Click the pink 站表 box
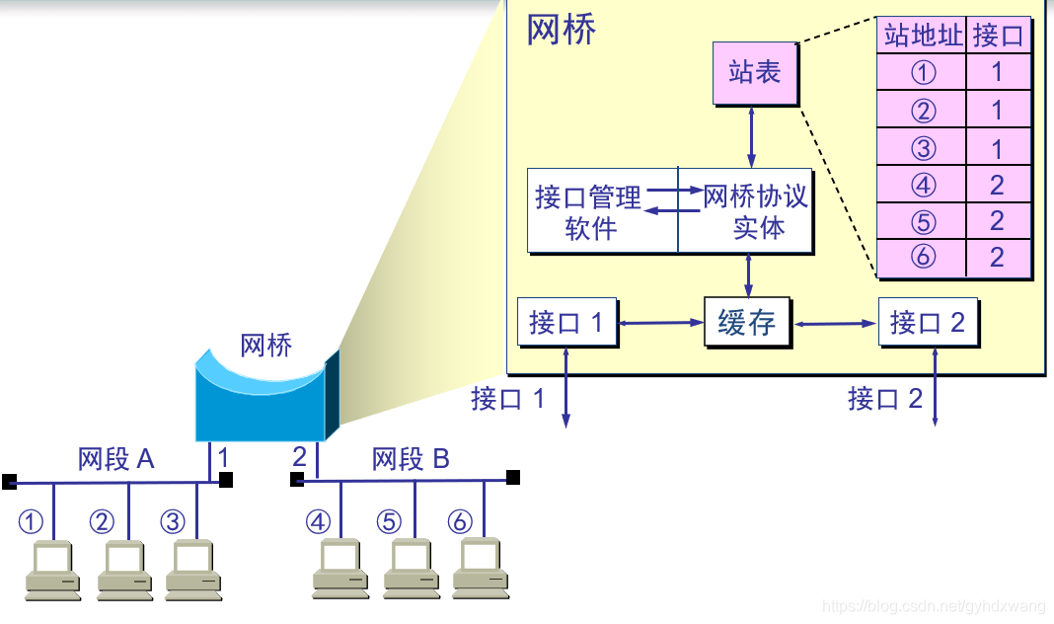[755, 72]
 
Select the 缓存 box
[747, 322]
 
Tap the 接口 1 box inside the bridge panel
[566, 322]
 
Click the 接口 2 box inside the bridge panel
[928, 322]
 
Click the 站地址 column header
[922, 36]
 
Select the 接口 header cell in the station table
[999, 36]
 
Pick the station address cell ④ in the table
[922, 184]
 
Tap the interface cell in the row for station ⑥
[997, 257]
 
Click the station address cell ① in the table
[922, 72]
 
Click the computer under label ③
[193, 570]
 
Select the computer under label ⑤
[411, 570]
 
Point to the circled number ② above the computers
[103, 521]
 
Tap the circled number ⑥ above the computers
[460, 521]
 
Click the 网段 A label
[116, 459]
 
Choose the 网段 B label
[411, 459]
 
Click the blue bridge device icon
[264, 395]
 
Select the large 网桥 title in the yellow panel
[562, 30]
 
